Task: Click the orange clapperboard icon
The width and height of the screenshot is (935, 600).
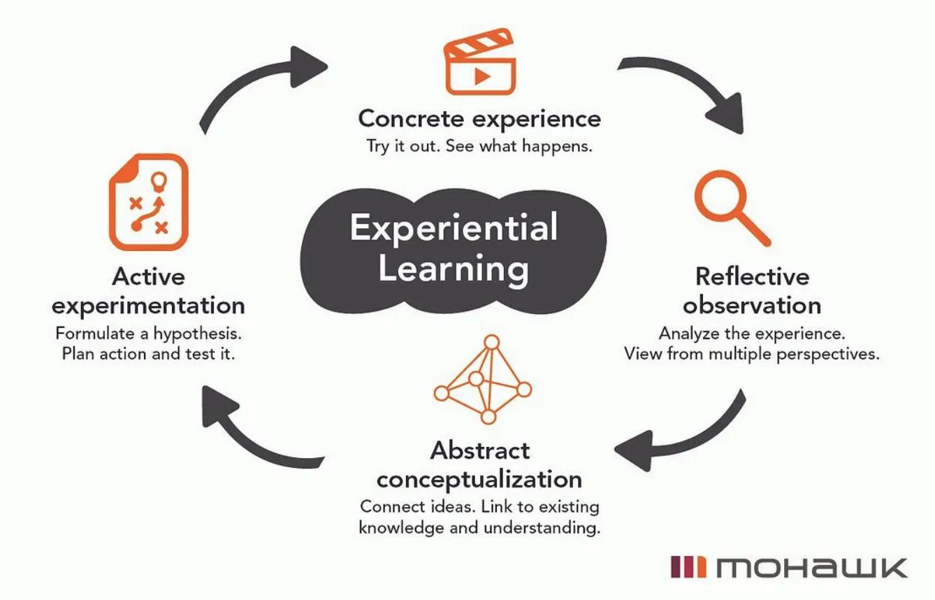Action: (479, 65)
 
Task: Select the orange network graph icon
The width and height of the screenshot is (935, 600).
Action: (482, 381)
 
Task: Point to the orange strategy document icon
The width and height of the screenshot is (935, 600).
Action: (148, 202)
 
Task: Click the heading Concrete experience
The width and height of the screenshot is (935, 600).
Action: (479, 118)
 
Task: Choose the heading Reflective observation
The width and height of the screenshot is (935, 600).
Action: (752, 291)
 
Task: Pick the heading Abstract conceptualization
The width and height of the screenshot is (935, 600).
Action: (479, 465)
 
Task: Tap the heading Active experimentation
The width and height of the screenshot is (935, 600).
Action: (148, 291)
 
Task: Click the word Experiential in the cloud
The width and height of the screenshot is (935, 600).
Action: (454, 228)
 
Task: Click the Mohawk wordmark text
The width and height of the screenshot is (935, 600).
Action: (811, 567)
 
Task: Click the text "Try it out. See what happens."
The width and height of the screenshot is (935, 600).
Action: (479, 147)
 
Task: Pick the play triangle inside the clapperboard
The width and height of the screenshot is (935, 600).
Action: (481, 75)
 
